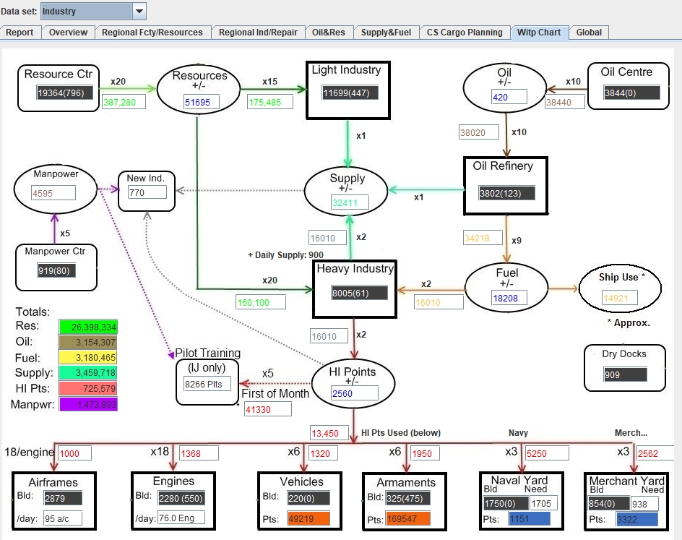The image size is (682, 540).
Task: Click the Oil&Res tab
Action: tap(329, 33)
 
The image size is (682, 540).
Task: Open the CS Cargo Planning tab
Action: tap(465, 33)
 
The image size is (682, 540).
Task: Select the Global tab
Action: tap(589, 33)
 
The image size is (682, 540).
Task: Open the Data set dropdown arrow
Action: tap(139, 12)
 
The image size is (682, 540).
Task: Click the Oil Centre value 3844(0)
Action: tap(632, 93)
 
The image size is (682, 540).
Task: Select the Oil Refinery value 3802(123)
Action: tap(506, 193)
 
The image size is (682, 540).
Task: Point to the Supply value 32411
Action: tap(350, 203)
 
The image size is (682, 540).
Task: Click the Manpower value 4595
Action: tap(53, 193)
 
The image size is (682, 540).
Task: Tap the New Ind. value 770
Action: tap(147, 193)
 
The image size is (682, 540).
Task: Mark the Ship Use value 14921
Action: tap(621, 297)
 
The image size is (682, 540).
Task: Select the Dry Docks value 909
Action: tap(624, 374)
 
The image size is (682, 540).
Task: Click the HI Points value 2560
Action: tap(354, 393)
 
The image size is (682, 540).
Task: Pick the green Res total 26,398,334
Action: tap(87, 327)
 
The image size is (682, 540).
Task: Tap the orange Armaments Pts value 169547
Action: tap(409, 518)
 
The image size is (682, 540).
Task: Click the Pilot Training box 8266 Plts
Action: tap(204, 384)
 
